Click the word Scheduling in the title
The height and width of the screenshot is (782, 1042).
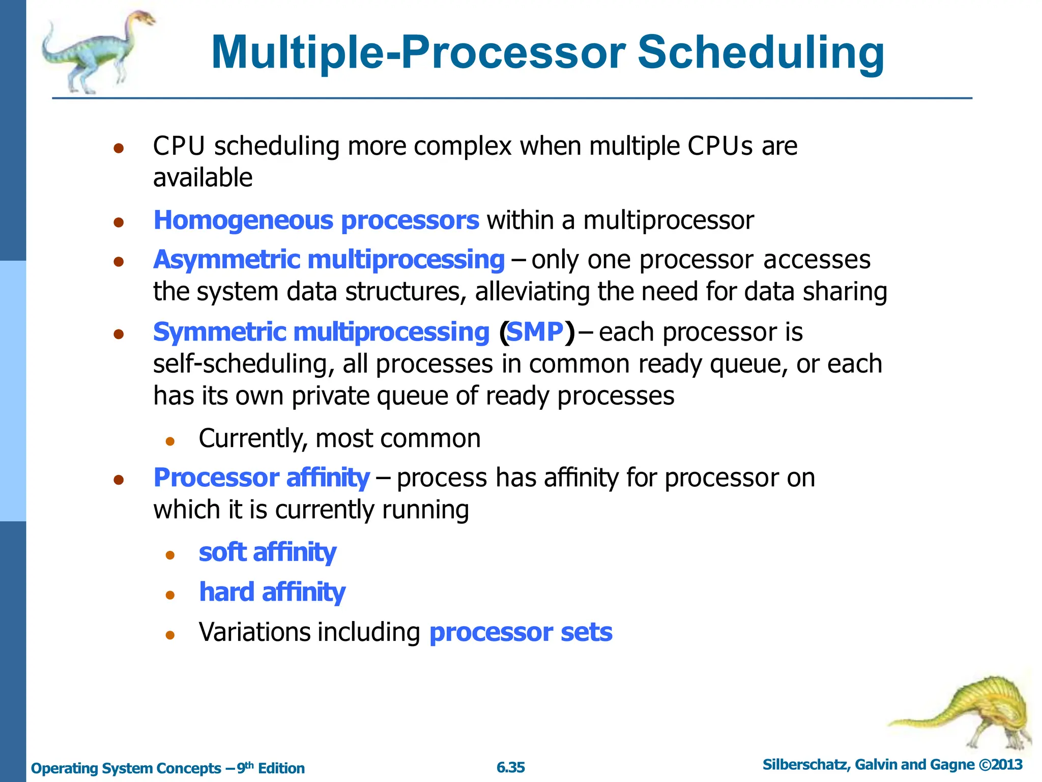[761, 53]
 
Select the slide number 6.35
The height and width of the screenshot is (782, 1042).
[510, 767]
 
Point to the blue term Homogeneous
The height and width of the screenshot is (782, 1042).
[243, 220]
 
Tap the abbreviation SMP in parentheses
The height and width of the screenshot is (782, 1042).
[536, 332]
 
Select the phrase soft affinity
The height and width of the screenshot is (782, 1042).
[267, 552]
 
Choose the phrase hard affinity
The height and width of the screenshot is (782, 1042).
[272, 592]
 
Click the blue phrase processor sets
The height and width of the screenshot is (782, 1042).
[520, 632]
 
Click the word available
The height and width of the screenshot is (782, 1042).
[202, 178]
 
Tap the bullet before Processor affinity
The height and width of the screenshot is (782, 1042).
[119, 480]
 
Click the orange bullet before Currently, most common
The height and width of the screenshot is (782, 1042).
[170, 441]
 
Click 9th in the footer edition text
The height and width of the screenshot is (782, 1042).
[245, 767]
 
